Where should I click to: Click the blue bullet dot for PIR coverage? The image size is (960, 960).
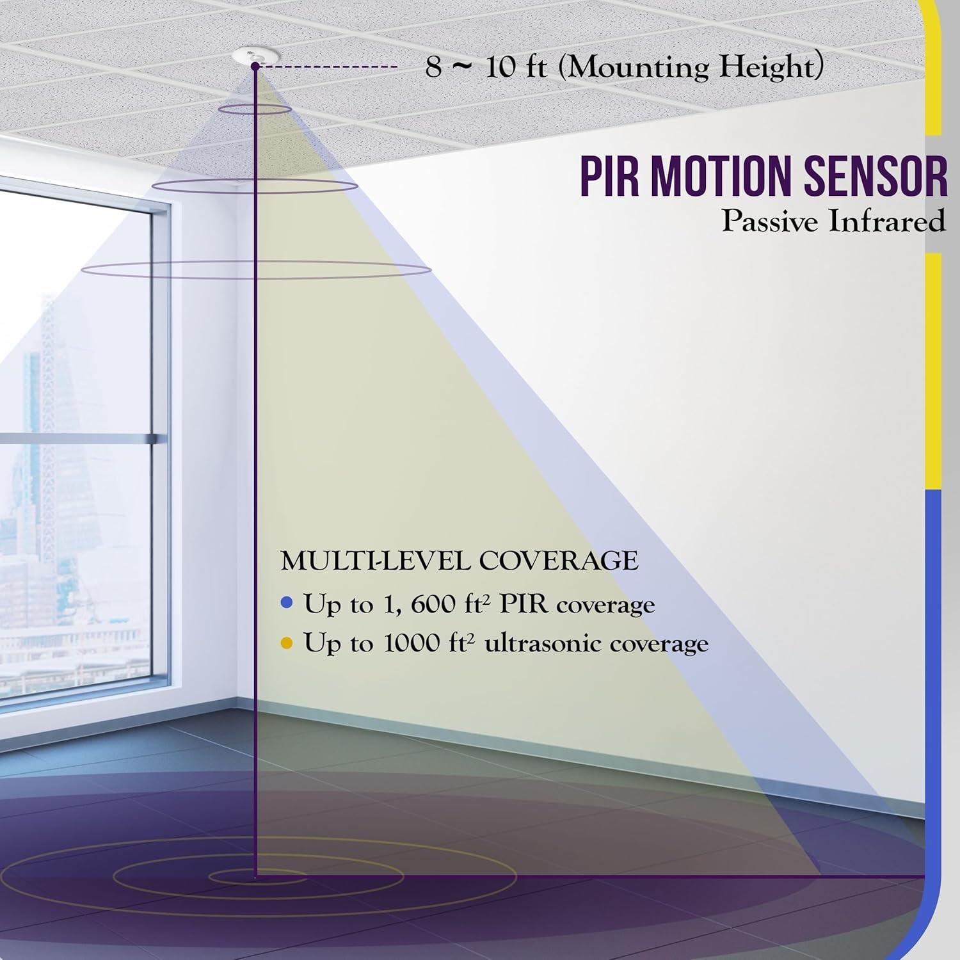[x=287, y=602]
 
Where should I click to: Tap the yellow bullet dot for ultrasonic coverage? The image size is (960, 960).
[x=287, y=643]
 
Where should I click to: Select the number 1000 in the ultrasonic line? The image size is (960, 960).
[x=409, y=643]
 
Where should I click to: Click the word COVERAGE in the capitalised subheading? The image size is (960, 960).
[x=559, y=561]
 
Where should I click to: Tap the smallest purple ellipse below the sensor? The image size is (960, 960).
[x=255, y=109]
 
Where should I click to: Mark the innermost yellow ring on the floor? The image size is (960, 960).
[x=259, y=875]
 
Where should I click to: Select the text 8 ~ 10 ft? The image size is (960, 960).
[x=486, y=67]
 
